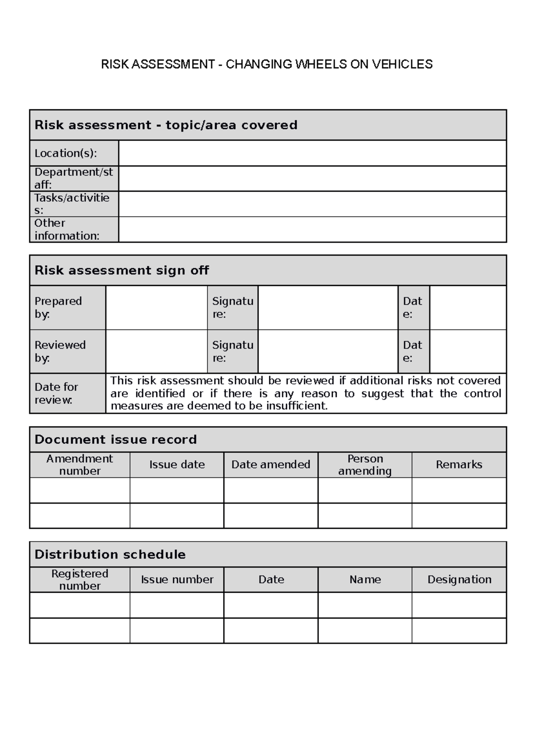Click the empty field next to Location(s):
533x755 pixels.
(x=312, y=153)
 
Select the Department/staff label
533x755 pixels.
(x=74, y=178)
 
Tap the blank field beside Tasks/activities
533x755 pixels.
(x=312, y=204)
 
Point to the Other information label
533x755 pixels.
(x=67, y=229)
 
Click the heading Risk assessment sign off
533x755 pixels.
(x=122, y=270)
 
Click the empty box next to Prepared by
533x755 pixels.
(x=156, y=308)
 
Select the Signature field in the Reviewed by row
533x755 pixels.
(x=328, y=351)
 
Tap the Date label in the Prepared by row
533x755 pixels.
(x=413, y=308)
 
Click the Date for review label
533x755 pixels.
(x=56, y=393)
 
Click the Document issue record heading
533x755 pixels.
(x=115, y=440)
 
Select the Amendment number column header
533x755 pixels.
(x=80, y=465)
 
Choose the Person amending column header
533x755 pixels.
(x=365, y=465)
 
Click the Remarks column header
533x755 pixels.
(x=459, y=465)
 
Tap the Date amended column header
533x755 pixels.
(x=270, y=465)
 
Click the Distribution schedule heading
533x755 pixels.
(x=110, y=554)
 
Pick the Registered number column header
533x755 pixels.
(x=80, y=579)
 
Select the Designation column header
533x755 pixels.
(x=459, y=579)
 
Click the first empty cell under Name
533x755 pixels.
(x=365, y=605)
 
